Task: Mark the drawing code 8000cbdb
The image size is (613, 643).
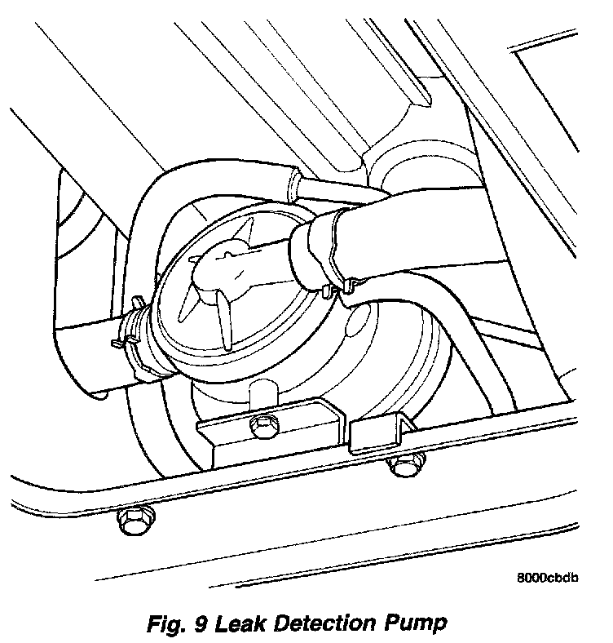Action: click(x=548, y=579)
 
